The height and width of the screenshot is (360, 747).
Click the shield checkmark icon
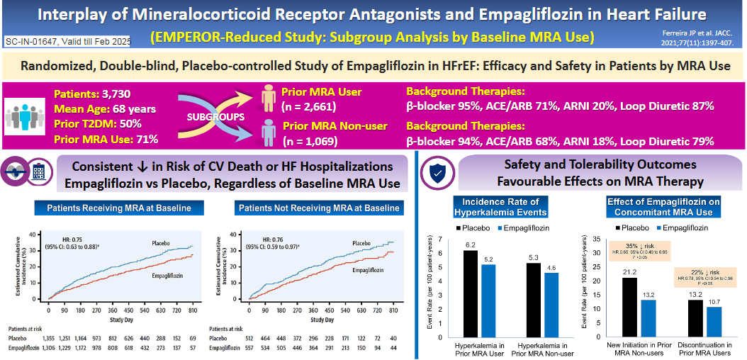coord(435,173)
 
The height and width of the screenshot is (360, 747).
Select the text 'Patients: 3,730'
coord(82,92)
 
